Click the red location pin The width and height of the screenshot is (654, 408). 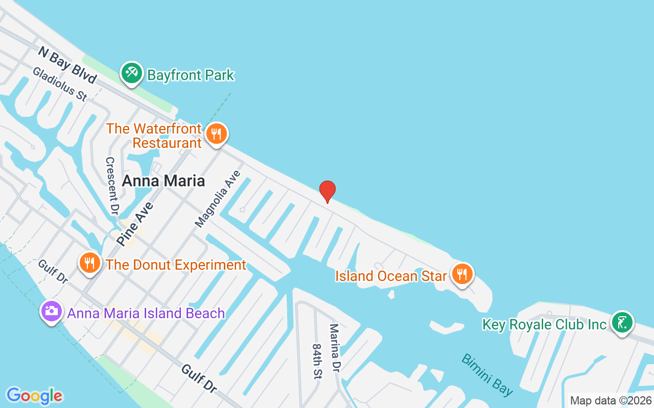[x=327, y=191]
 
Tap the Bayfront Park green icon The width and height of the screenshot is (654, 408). [x=132, y=73]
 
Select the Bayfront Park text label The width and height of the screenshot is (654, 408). [x=191, y=75]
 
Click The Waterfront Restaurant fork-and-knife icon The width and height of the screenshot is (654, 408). [x=217, y=134]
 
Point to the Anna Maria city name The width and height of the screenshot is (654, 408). [x=163, y=181]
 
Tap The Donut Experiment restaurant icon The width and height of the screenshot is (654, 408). [x=90, y=263]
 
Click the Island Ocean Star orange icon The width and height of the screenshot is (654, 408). [x=462, y=274]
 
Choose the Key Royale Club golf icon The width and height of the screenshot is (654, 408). [x=622, y=322]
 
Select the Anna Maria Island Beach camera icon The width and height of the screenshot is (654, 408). [x=52, y=311]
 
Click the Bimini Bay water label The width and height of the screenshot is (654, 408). [x=487, y=374]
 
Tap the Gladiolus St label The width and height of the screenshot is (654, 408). [x=60, y=84]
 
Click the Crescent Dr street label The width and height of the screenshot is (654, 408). [x=112, y=186]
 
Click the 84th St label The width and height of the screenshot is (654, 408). [x=318, y=361]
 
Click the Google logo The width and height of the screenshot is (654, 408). [x=34, y=396]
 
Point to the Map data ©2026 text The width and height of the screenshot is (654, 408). [x=611, y=400]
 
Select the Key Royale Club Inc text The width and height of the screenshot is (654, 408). [x=545, y=325]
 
